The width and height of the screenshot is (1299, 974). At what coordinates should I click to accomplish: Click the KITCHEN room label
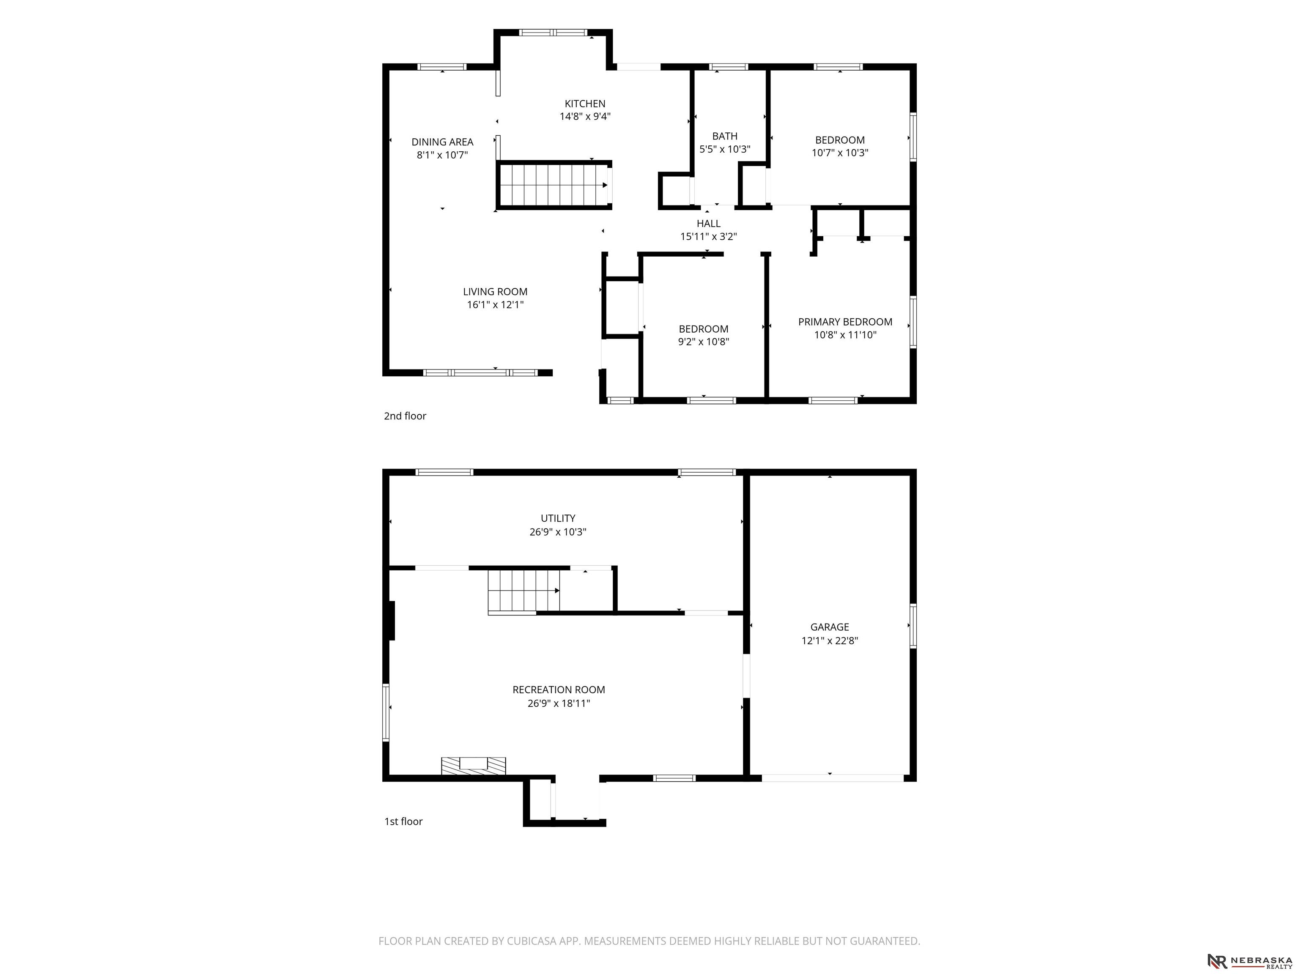[585, 104]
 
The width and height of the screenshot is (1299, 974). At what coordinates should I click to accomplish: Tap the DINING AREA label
[442, 142]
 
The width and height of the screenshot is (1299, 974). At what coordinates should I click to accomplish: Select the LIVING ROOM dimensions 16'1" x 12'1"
[495, 305]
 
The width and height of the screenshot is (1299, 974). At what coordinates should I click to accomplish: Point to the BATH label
[725, 136]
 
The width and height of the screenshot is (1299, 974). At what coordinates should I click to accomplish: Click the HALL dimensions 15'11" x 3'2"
[708, 237]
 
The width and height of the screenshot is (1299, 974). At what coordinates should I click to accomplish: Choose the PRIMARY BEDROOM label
[845, 322]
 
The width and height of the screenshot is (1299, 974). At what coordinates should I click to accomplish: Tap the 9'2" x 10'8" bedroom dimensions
[704, 342]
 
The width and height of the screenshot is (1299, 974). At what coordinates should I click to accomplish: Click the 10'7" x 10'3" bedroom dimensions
[840, 153]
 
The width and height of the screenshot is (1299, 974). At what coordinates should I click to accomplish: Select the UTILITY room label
[558, 518]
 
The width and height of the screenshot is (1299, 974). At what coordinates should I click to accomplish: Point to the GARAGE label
[830, 627]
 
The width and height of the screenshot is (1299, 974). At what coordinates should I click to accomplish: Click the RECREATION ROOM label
[559, 690]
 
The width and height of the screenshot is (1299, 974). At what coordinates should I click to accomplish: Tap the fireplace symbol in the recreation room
[473, 766]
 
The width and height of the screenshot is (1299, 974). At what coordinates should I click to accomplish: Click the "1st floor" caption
[403, 821]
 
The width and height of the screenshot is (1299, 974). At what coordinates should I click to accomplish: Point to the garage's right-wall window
[913, 626]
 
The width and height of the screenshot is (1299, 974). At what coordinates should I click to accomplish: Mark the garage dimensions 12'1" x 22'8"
[830, 640]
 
